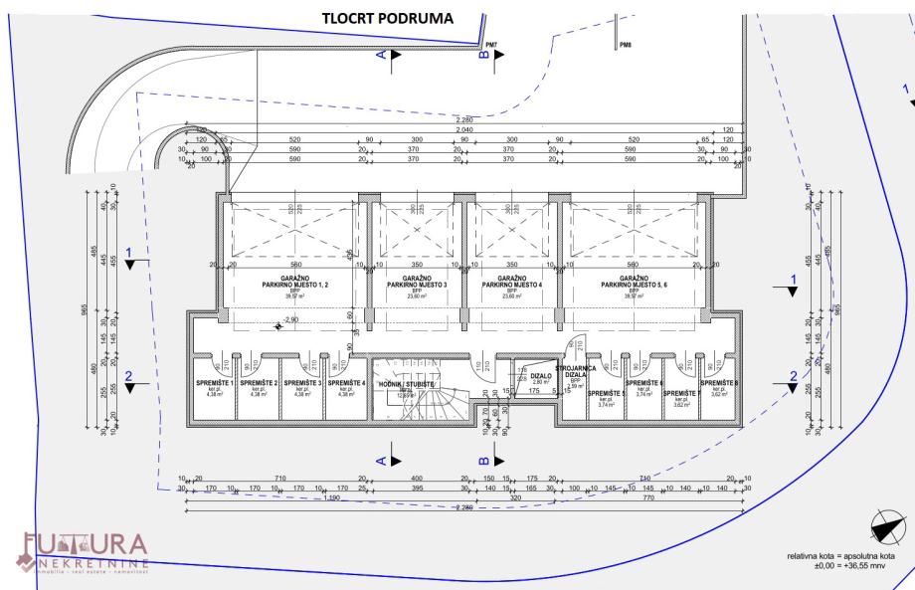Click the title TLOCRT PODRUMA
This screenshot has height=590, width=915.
pos(388,19)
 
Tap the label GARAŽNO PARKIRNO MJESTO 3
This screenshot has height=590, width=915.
pos(417,281)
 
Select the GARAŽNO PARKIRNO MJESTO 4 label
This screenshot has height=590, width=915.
pos(512,281)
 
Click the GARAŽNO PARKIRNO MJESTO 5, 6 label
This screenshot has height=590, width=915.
pos(634,281)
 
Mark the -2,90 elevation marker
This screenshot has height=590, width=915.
pos(290,320)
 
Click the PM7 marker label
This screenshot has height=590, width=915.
pos(491,45)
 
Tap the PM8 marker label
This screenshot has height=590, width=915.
pos(625,45)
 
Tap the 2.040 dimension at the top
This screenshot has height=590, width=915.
pos(463,130)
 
